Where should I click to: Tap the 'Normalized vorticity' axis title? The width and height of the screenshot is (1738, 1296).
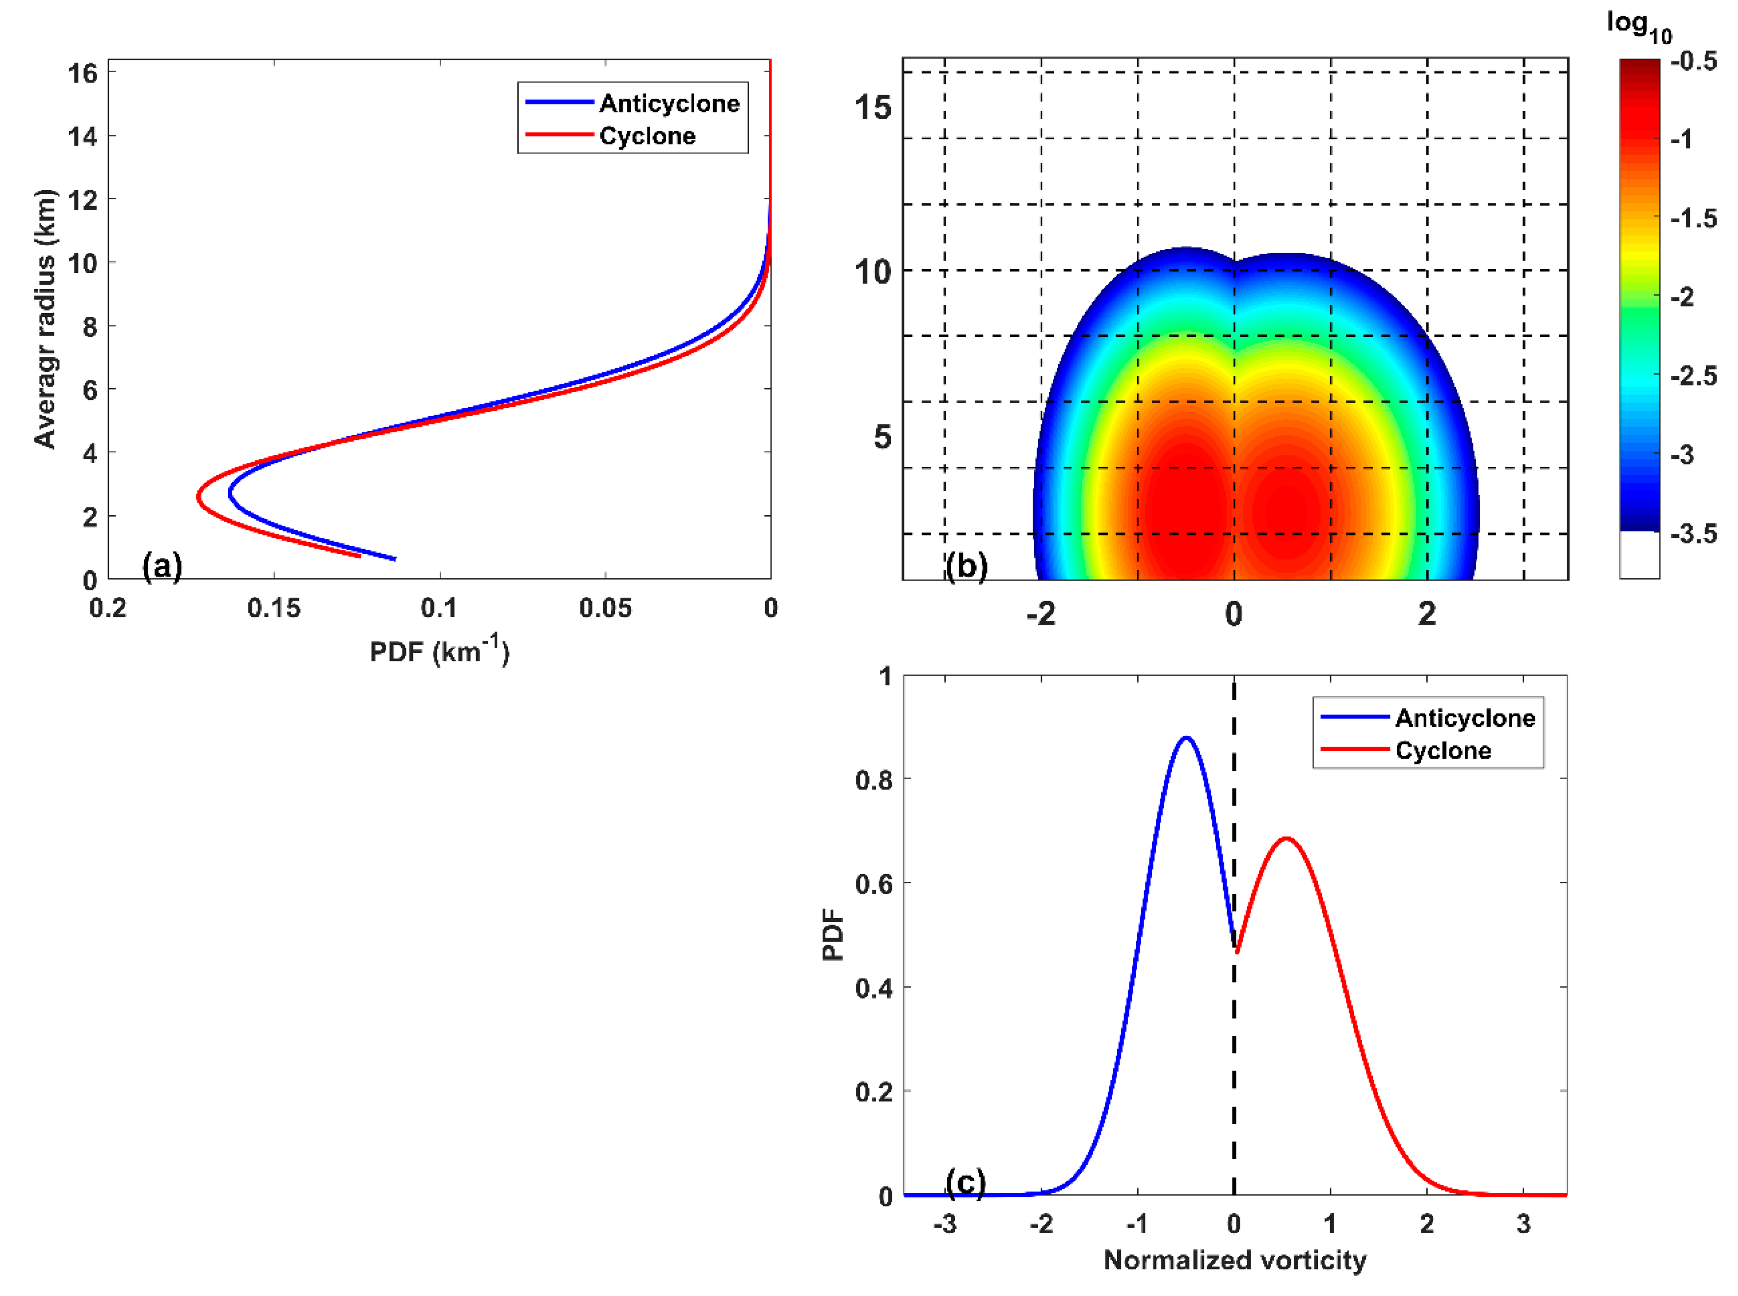pos(1234,1260)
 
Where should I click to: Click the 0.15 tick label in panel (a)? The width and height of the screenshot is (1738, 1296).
pos(274,608)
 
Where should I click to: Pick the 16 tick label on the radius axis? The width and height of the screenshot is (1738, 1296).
pos(82,73)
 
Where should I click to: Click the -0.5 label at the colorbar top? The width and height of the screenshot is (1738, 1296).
pos(1693,61)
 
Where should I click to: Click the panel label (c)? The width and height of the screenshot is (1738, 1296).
pos(965,1182)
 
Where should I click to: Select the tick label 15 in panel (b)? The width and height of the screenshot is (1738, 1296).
pos(873,106)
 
